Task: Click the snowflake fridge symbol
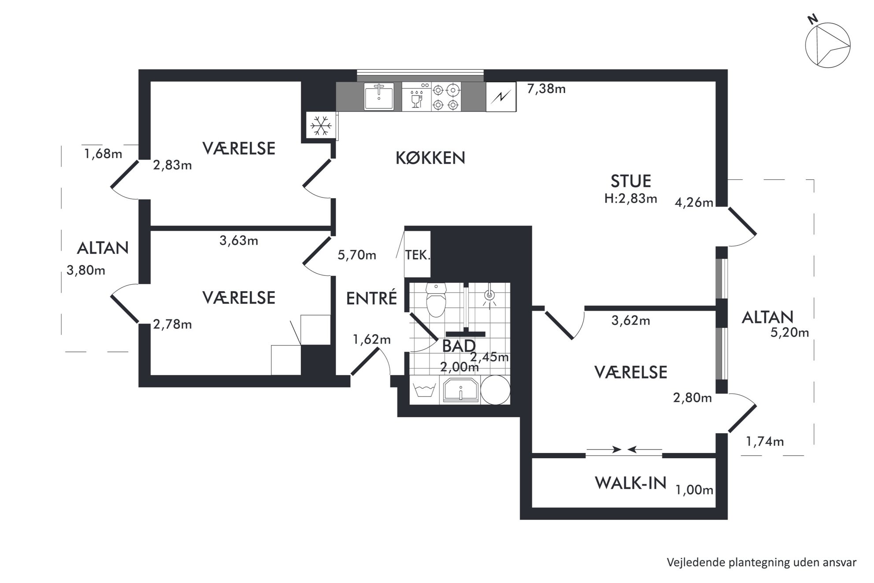[321, 126]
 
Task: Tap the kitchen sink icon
[379, 96]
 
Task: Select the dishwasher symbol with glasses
[416, 97]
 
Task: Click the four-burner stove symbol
[446, 97]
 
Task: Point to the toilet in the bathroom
[436, 301]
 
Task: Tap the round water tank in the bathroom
[495, 390]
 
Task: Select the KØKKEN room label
[430, 158]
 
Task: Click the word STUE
[631, 181]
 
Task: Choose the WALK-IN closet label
[630, 483]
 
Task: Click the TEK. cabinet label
[418, 255]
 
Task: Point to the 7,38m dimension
[546, 89]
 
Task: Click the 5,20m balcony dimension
[789, 333]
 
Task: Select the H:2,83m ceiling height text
[631, 199]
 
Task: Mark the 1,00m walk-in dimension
[694, 490]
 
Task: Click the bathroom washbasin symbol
[460, 390]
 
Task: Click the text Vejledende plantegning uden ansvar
[762, 562]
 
